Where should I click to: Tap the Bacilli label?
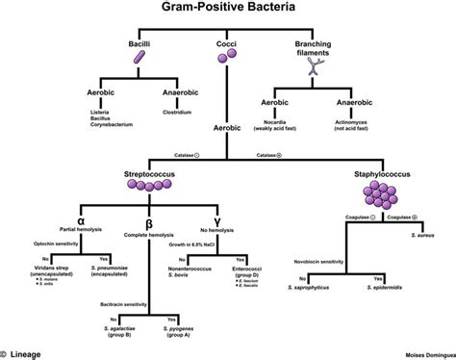141,45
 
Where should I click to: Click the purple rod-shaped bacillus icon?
141,61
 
